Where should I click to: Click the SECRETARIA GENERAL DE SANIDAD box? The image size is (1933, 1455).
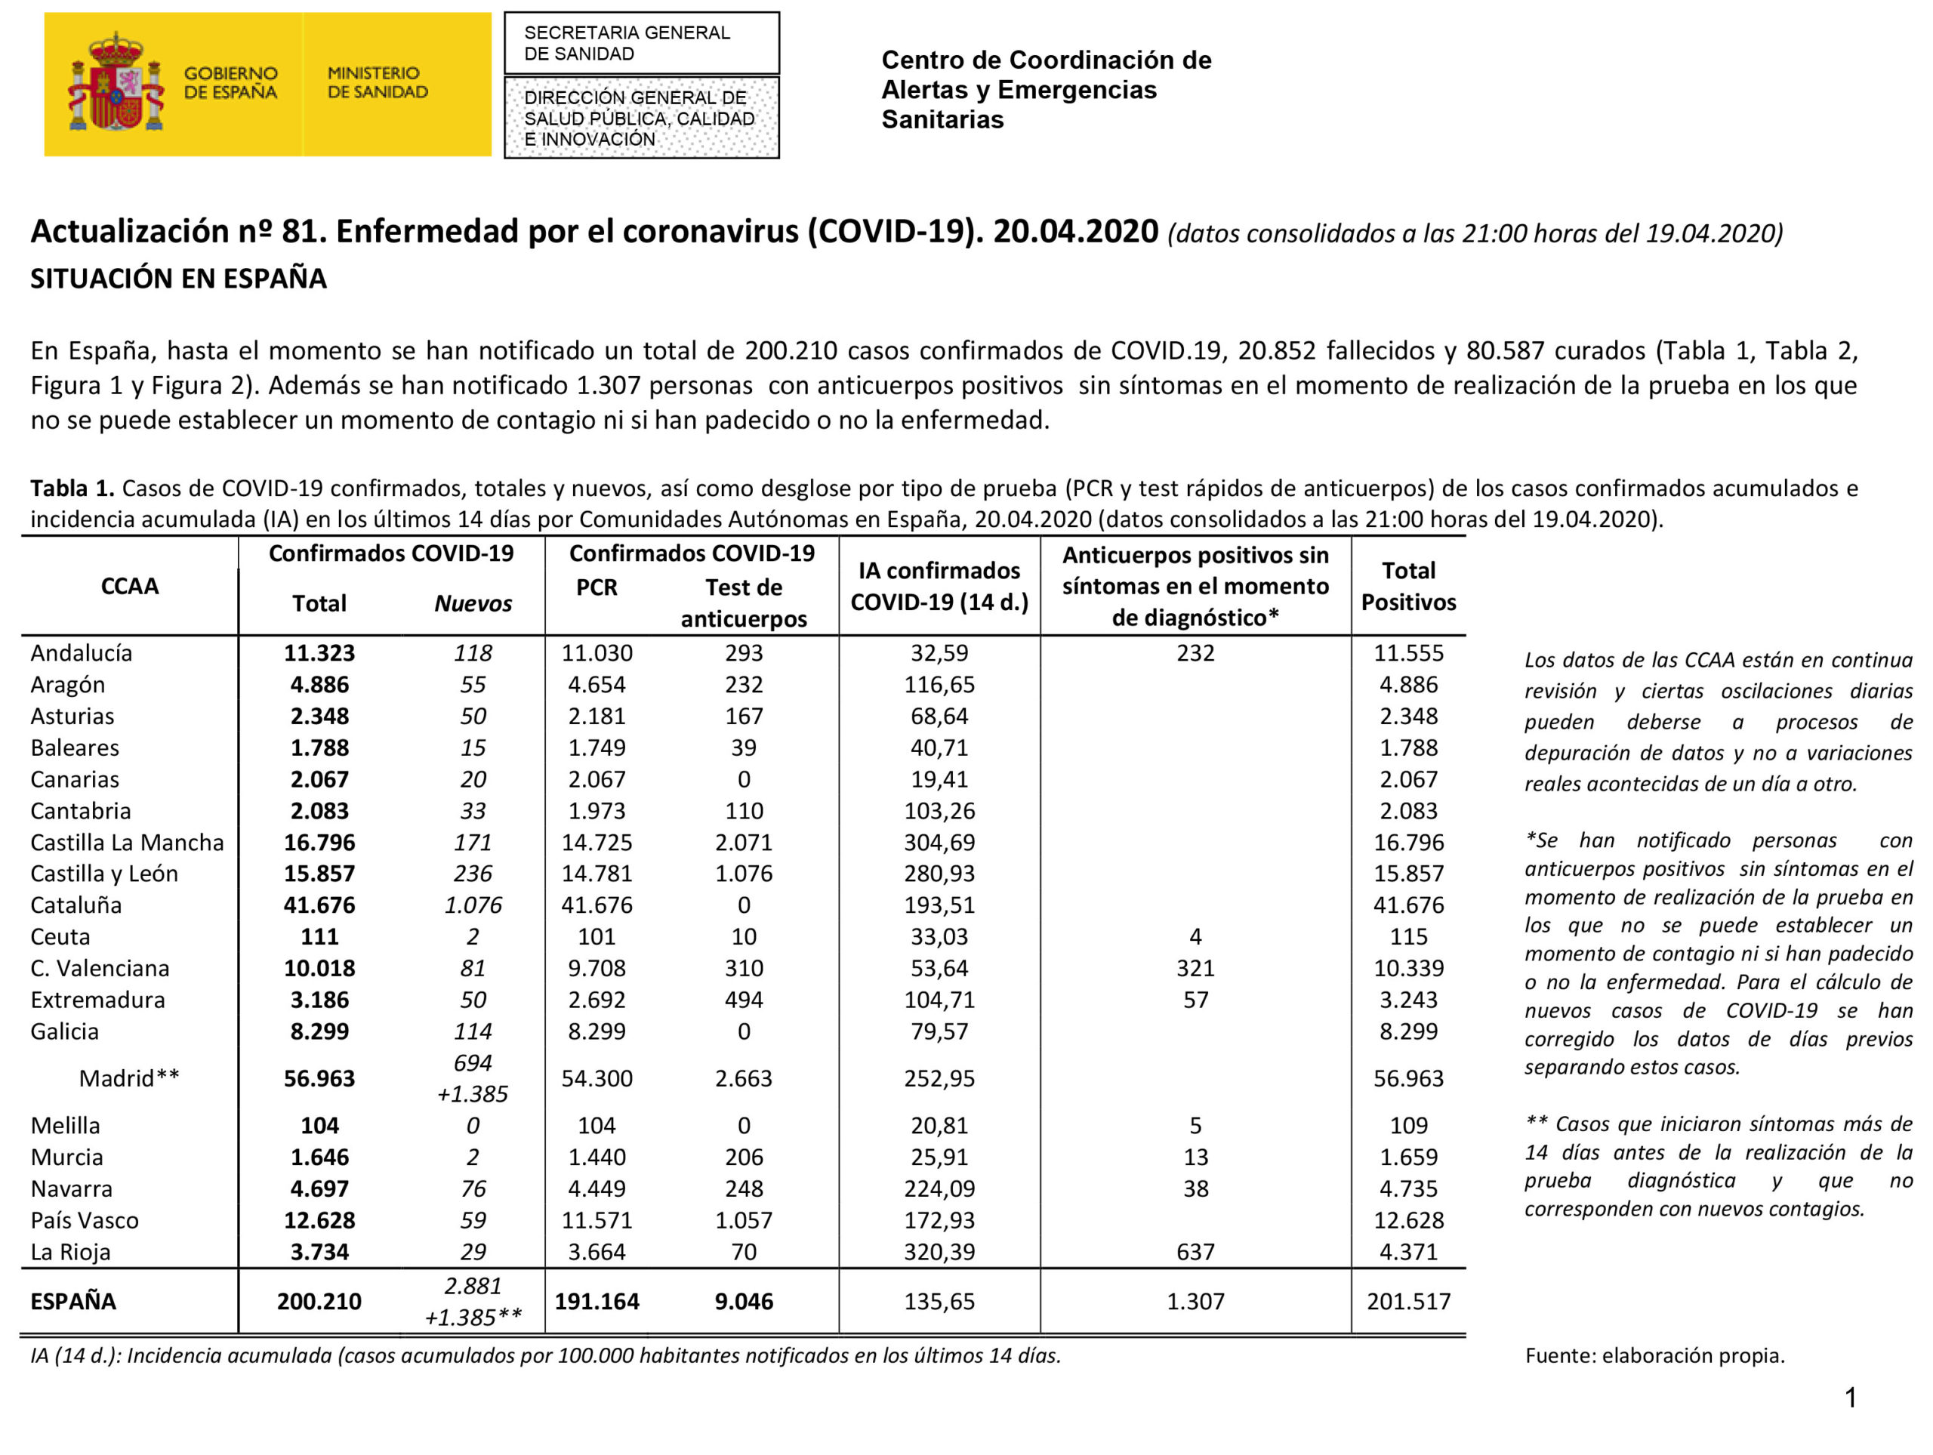(640, 43)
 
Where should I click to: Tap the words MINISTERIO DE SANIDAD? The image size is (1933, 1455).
(377, 82)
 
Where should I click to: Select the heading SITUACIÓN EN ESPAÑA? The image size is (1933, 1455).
(178, 279)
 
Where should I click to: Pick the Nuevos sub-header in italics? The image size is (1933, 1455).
(473, 603)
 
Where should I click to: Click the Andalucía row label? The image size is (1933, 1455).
(82, 653)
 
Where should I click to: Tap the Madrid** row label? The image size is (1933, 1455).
(128, 1077)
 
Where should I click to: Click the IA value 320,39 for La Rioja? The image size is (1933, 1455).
(939, 1251)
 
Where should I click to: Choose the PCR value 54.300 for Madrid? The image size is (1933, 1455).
(596, 1077)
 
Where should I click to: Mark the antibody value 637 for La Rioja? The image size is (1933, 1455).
(1195, 1251)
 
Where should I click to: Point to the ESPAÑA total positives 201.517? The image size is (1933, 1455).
(1407, 1301)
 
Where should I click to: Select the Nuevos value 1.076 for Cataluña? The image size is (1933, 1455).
(473, 905)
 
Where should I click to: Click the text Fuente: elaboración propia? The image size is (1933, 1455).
(1654, 1355)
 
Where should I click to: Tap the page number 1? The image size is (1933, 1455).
(1850, 1398)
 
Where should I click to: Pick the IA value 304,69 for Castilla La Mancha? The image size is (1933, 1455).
(939, 843)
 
